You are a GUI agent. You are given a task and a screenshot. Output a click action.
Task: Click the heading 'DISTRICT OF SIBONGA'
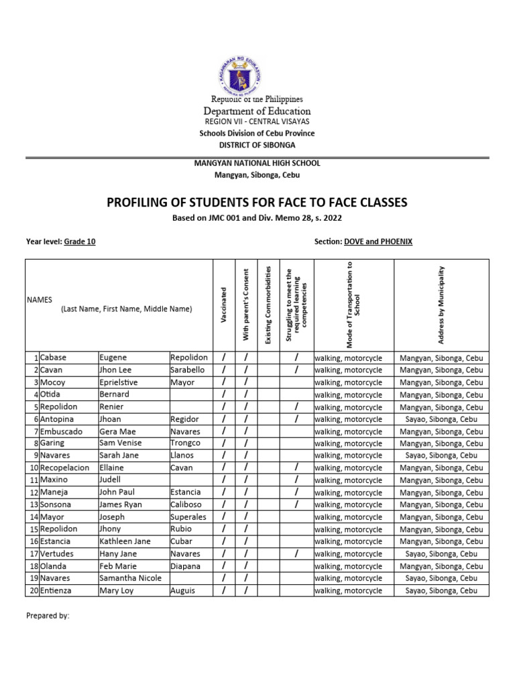coord(257,145)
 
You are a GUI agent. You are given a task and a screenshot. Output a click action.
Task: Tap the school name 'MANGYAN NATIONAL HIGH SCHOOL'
coord(257,163)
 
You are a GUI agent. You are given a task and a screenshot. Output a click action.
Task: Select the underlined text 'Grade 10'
coord(80,242)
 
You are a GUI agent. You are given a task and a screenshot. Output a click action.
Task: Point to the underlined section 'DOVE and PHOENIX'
coord(378,242)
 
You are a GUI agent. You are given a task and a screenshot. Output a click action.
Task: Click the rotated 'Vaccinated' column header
coord(223,305)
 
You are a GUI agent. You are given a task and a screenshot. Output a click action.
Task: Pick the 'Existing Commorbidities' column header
coord(268,305)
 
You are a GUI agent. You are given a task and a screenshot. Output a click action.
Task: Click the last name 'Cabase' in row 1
coord(53,358)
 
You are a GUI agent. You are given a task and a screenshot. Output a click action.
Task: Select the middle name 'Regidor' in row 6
coord(186,419)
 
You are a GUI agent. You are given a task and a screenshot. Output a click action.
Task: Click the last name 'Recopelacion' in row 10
coord(64,468)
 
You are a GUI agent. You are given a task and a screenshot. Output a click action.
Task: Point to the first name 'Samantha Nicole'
coord(131,578)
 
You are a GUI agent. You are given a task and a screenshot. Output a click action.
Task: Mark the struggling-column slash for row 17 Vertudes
coord(296,553)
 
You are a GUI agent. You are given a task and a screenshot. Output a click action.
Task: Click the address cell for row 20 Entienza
coord(441,590)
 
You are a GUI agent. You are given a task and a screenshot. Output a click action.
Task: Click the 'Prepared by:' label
coord(48,615)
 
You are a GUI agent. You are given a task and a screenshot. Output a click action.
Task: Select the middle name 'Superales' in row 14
coord(188,517)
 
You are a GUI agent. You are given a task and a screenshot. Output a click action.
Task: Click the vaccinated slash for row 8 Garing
coord(223,443)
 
